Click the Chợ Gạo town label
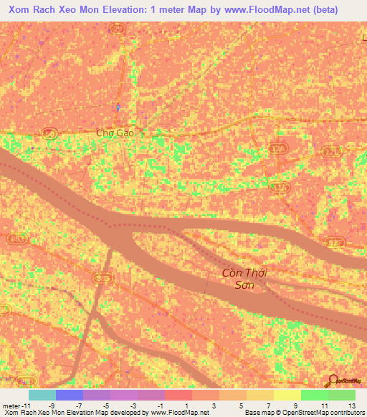pyautogui.click(x=115, y=133)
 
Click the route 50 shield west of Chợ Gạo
pyautogui.click(x=49, y=133)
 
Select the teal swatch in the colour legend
pyautogui.click(x=42, y=395)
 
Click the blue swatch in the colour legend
pyautogui.click(x=70, y=395)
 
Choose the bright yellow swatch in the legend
pyautogui.click(x=287, y=395)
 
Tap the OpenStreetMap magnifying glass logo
pyautogui.click(x=333, y=380)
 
